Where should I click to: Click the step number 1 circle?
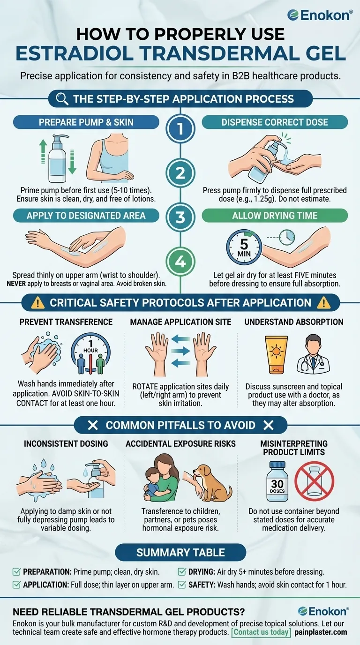tap(180, 128)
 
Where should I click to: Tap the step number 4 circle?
tap(180, 262)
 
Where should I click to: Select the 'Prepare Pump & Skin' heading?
tap(86, 122)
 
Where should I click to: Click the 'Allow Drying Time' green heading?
tap(275, 215)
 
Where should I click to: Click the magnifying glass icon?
tap(62, 99)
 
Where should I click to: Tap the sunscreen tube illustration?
tap(277, 355)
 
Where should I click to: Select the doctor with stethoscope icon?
tap(313, 354)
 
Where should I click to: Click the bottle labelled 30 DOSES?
tap(277, 481)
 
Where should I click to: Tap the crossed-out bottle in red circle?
tap(314, 481)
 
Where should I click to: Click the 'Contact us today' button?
tap(261, 632)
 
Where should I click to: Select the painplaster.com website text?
tap(321, 632)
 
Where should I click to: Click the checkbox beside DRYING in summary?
tap(182, 571)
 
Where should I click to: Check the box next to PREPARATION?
tap(17, 571)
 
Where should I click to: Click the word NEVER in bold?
tap(16, 284)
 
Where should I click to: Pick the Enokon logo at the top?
tap(320, 15)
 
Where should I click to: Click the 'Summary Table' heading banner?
tap(180, 553)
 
